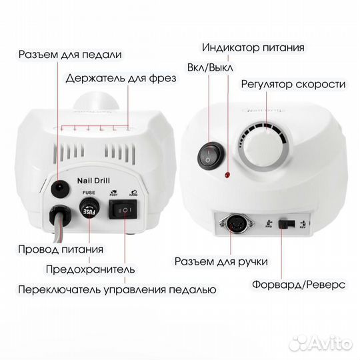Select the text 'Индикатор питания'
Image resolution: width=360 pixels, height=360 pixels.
coord(253,48)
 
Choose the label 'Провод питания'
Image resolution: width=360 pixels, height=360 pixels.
coord(61,249)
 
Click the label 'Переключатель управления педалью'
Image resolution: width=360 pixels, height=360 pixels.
coord(117,290)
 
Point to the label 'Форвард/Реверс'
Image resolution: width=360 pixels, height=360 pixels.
coord(299,284)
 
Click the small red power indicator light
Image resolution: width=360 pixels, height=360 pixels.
coord(227,175)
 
